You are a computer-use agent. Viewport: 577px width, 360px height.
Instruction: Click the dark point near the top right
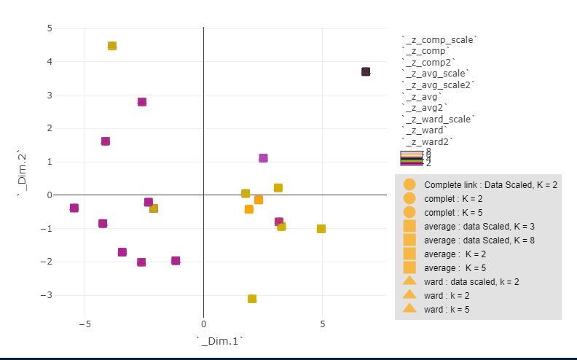click(x=366, y=71)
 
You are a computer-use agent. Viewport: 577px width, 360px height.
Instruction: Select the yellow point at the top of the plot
click(x=112, y=46)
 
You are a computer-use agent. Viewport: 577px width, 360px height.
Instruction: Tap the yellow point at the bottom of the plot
click(x=252, y=299)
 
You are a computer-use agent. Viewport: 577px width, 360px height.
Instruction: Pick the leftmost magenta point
click(x=74, y=208)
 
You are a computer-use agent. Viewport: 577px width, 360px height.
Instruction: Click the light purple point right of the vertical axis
click(x=263, y=158)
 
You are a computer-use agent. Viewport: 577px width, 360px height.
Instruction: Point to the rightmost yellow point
click(x=321, y=229)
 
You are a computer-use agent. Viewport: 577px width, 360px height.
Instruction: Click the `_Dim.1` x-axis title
click(x=219, y=341)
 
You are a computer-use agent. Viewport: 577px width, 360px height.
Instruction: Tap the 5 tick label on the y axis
click(x=50, y=28)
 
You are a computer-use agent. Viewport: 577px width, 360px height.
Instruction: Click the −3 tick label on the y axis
click(x=47, y=295)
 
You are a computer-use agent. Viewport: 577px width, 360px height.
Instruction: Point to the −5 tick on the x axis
click(x=85, y=324)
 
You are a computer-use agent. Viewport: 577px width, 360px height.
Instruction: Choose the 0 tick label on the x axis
click(x=203, y=324)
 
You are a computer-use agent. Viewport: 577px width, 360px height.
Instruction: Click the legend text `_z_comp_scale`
click(x=439, y=39)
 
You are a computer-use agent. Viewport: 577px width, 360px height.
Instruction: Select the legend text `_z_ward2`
click(x=427, y=141)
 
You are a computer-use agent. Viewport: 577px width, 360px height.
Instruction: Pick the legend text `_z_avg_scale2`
click(x=438, y=85)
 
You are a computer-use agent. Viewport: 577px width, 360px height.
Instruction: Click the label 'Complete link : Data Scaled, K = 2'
click(x=490, y=185)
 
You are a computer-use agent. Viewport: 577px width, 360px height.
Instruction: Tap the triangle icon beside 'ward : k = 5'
click(x=409, y=308)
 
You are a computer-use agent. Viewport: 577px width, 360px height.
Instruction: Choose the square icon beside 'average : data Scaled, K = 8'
click(x=409, y=240)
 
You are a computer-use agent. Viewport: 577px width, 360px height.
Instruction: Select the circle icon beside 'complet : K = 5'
click(x=409, y=212)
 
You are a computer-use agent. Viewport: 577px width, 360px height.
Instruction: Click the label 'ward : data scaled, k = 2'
click(x=471, y=281)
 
